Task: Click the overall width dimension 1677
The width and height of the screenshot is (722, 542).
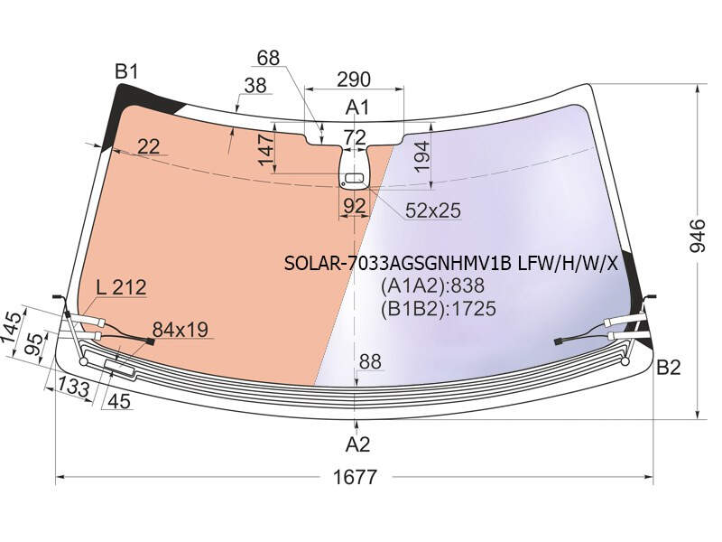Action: pyautogui.click(x=355, y=477)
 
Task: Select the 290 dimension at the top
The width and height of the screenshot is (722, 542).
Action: pyautogui.click(x=354, y=79)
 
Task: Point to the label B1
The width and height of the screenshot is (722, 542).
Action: pyautogui.click(x=126, y=72)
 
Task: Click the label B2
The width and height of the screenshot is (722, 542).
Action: pyautogui.click(x=668, y=368)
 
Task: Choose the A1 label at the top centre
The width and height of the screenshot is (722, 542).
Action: pyautogui.click(x=357, y=107)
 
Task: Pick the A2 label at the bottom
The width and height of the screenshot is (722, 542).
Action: pyautogui.click(x=357, y=444)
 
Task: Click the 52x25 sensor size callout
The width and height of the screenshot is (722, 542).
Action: pyautogui.click(x=433, y=210)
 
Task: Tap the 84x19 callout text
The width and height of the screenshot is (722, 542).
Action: pyautogui.click(x=180, y=330)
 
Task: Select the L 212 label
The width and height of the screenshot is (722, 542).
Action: pyautogui.click(x=122, y=287)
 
